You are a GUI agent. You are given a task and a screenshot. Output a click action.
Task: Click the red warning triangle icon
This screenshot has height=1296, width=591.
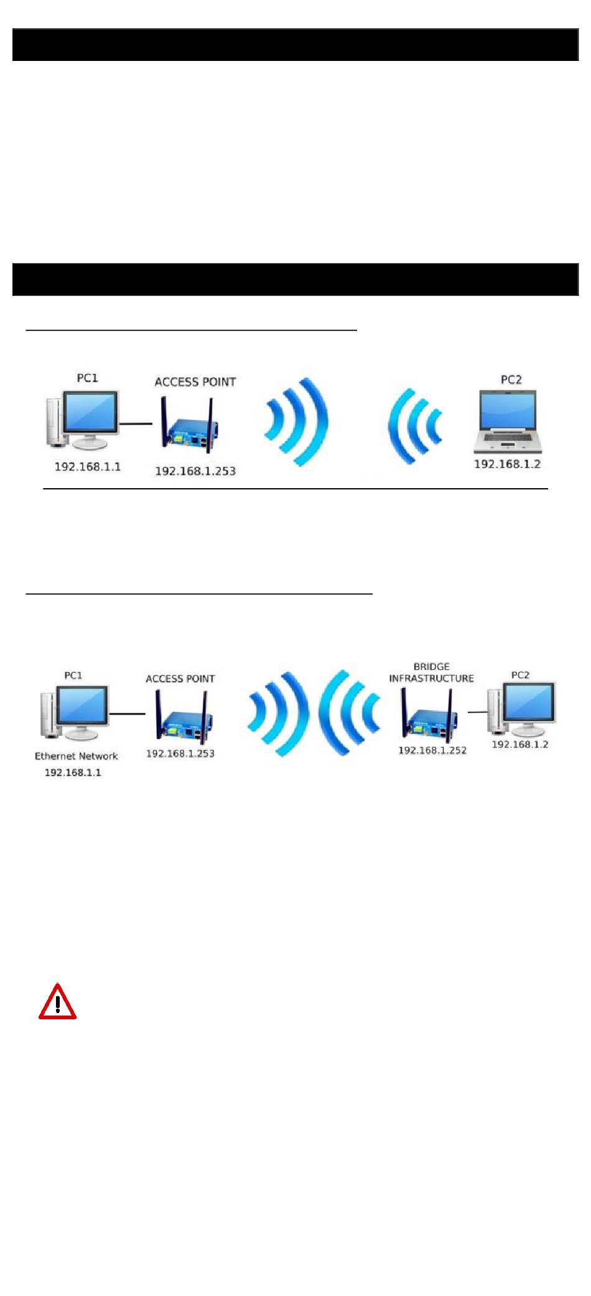tap(57, 1002)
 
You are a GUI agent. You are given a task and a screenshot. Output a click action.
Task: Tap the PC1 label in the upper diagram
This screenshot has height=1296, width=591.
tap(87, 378)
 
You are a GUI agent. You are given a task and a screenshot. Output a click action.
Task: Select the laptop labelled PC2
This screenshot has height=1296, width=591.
tap(508, 421)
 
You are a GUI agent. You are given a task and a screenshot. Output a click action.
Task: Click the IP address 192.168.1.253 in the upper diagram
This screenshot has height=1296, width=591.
tap(195, 471)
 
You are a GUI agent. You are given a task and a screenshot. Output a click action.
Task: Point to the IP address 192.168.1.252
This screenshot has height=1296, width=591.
tap(432, 751)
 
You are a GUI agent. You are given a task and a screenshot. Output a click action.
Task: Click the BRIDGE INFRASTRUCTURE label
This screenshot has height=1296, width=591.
tap(431, 672)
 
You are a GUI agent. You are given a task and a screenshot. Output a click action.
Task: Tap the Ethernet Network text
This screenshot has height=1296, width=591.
tap(76, 756)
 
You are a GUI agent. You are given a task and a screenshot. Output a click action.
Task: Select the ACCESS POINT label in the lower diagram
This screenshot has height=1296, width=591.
tap(180, 678)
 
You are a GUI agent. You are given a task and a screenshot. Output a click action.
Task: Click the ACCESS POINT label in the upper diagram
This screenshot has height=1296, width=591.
tap(195, 382)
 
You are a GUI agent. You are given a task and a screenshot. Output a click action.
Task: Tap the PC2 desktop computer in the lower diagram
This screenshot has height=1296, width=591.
tap(523, 709)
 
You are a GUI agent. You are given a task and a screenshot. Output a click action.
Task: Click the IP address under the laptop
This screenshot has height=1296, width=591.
tap(507, 464)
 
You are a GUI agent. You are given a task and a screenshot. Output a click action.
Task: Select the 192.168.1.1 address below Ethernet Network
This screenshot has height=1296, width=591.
tap(73, 772)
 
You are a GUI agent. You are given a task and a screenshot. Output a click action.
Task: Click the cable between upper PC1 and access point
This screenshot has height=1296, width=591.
tap(136, 424)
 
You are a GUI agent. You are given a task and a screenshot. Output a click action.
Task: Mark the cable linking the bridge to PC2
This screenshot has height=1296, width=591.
tap(477, 712)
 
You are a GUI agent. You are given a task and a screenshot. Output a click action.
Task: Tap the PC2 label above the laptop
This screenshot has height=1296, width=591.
tap(511, 379)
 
